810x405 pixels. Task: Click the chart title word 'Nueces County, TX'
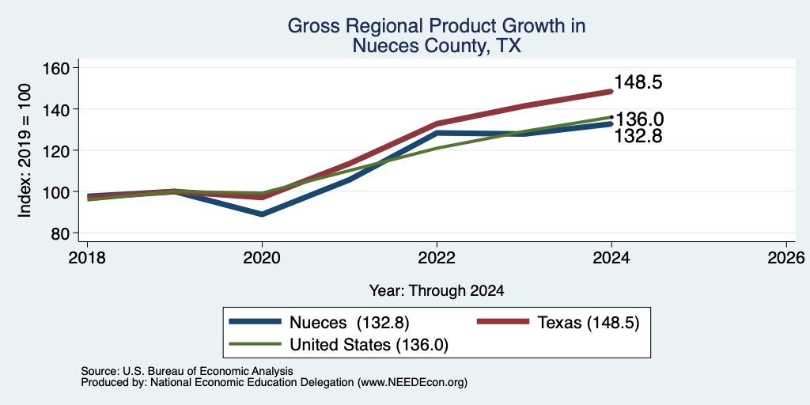[437, 46]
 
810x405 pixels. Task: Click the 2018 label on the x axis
[87, 258]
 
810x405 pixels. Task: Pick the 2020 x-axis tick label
[262, 258]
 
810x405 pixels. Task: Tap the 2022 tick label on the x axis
[437, 258]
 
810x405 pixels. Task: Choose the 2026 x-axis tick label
[787, 258]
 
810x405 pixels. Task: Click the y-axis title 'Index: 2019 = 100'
[25, 150]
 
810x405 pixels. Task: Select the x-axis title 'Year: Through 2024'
[437, 291]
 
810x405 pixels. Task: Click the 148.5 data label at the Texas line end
[638, 82]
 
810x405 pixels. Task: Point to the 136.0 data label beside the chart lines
[639, 119]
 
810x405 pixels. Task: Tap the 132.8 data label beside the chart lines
[638, 136]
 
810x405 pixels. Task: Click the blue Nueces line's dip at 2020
[262, 214]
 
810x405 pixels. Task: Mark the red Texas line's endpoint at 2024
[611, 92]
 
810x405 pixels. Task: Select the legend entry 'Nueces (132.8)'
[320, 323]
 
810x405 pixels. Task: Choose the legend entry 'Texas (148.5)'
[558, 323]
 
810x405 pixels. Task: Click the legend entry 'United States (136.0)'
[339, 345]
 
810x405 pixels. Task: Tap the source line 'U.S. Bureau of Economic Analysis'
[187, 371]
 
